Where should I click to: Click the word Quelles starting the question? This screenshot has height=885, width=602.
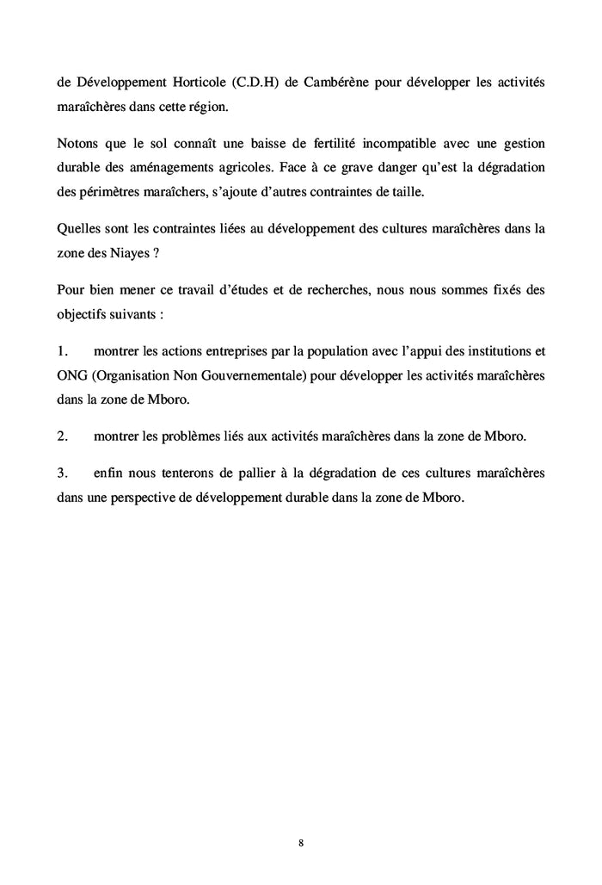click(x=78, y=231)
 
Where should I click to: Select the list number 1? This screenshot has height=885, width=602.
click(x=62, y=352)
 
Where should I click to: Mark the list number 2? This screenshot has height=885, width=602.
click(x=62, y=437)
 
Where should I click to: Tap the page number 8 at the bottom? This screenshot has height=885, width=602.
click(x=301, y=842)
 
